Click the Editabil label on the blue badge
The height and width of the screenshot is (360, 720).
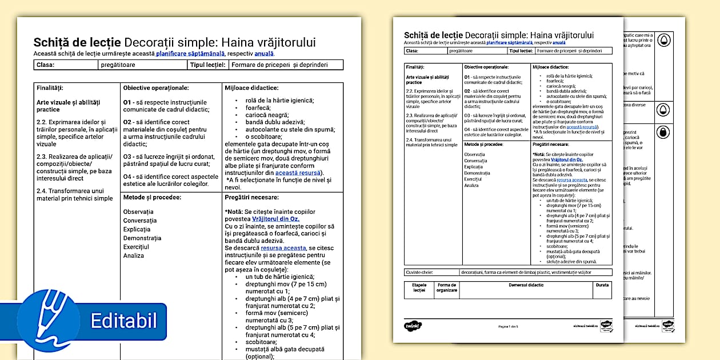pos(123,321)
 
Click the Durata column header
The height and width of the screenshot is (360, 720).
pos(602,285)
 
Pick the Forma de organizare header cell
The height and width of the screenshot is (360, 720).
pos(447,287)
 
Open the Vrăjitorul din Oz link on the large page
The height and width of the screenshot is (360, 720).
pos(275,219)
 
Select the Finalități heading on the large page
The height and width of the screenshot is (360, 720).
pos(50,88)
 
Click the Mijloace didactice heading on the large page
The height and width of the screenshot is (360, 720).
pos(251,88)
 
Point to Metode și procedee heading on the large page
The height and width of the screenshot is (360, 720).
pos(152,198)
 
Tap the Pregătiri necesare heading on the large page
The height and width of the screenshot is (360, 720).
pos(251,198)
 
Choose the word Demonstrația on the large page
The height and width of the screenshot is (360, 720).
pos(142,238)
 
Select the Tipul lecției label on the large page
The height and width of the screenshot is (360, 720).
pos(207,65)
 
